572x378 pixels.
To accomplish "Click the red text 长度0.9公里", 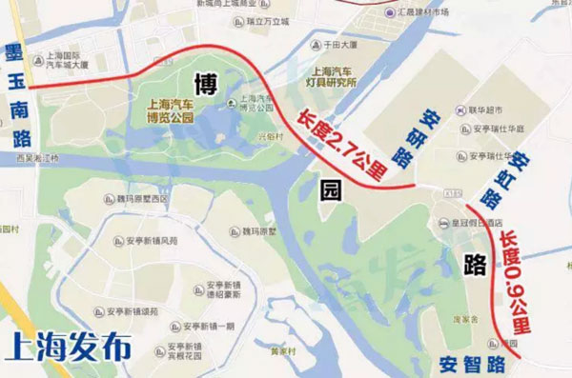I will [x=516, y=281].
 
